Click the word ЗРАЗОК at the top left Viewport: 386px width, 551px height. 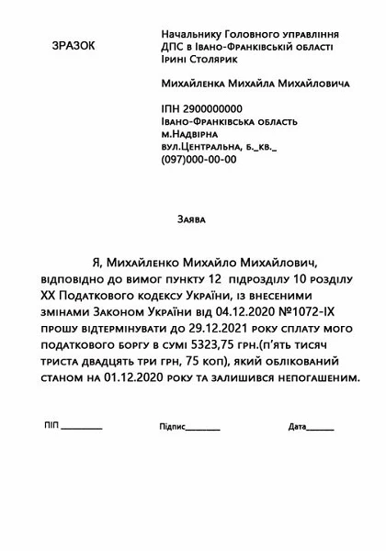[73, 44]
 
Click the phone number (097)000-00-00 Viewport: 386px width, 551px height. [199, 159]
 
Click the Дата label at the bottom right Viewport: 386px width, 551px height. [296, 427]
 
